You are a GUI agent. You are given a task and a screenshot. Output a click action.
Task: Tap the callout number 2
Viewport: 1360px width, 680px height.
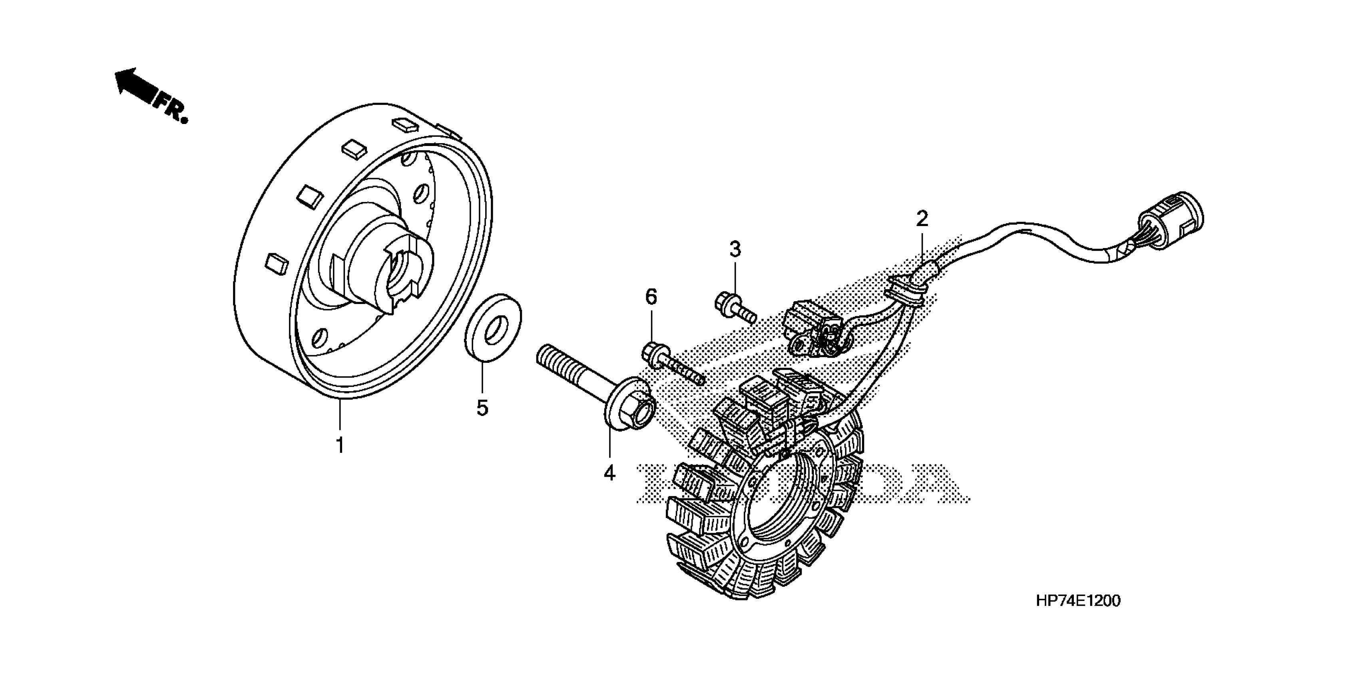click(922, 218)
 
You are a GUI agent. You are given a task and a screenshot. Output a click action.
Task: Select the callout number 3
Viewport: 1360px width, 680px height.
click(735, 249)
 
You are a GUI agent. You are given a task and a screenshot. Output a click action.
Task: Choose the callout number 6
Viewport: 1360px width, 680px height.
click(651, 298)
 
